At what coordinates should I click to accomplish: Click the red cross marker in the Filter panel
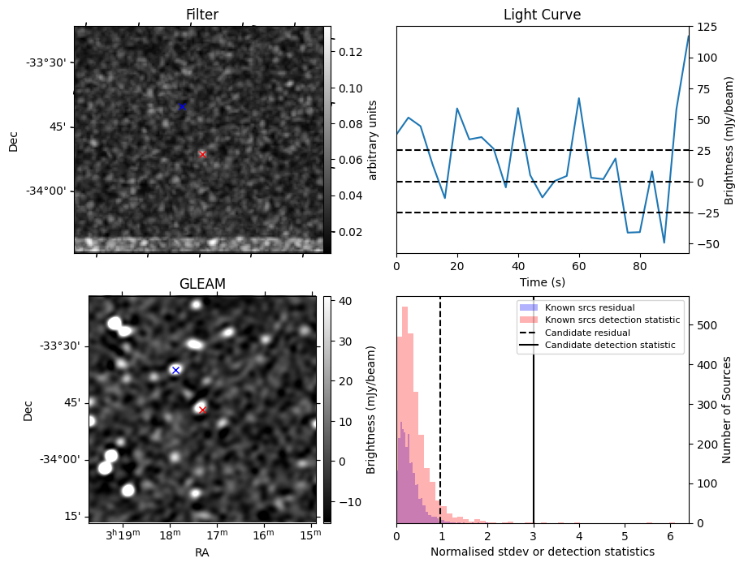(x=202, y=154)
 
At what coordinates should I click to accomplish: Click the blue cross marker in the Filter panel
(x=182, y=106)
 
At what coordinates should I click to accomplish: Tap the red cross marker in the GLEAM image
(x=202, y=410)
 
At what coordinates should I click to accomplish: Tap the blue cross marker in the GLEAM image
(x=175, y=370)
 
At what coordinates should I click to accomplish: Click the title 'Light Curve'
(x=542, y=15)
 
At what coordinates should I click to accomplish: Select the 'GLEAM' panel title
(x=202, y=284)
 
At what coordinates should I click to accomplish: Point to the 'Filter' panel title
(x=202, y=15)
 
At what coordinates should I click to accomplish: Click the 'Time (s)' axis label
(x=542, y=282)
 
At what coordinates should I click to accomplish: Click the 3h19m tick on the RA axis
(x=123, y=535)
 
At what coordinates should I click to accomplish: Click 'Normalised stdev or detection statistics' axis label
(x=542, y=552)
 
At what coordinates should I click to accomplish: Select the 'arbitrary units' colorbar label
(x=373, y=140)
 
